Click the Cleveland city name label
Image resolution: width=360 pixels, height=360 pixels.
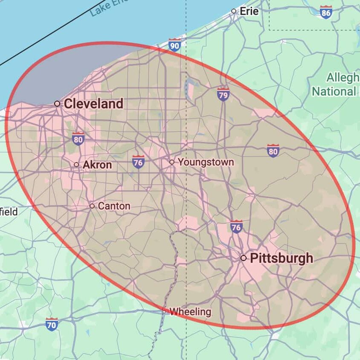click(x=93, y=104)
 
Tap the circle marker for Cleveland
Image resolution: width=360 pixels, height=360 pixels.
click(x=57, y=104)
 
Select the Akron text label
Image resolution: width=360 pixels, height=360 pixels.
click(x=97, y=165)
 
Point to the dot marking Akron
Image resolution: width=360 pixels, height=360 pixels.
click(x=76, y=165)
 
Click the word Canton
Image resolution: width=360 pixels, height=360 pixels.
click(x=114, y=206)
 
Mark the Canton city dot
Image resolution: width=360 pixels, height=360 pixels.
click(x=92, y=206)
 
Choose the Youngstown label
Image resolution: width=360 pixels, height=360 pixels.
click(x=206, y=162)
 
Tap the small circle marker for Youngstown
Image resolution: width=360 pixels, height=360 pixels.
click(x=172, y=162)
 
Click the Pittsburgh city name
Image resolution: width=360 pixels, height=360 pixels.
click(x=282, y=258)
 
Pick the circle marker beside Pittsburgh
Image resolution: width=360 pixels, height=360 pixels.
click(x=244, y=258)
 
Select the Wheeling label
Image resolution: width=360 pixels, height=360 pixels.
click(x=190, y=312)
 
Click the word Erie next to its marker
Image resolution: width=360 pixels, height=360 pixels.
click(x=250, y=11)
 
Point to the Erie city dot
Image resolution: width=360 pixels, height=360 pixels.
click(x=234, y=11)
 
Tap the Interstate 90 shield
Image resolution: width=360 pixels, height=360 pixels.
click(x=174, y=45)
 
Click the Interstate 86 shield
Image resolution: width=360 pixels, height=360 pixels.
click(x=326, y=12)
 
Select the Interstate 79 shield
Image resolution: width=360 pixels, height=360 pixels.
click(x=223, y=94)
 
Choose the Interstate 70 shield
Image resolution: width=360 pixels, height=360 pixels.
click(x=52, y=324)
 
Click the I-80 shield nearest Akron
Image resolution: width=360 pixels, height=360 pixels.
click(x=78, y=139)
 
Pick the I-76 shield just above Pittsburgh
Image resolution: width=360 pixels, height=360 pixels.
click(x=236, y=226)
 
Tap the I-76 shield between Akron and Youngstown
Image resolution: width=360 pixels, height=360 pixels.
click(x=138, y=162)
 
